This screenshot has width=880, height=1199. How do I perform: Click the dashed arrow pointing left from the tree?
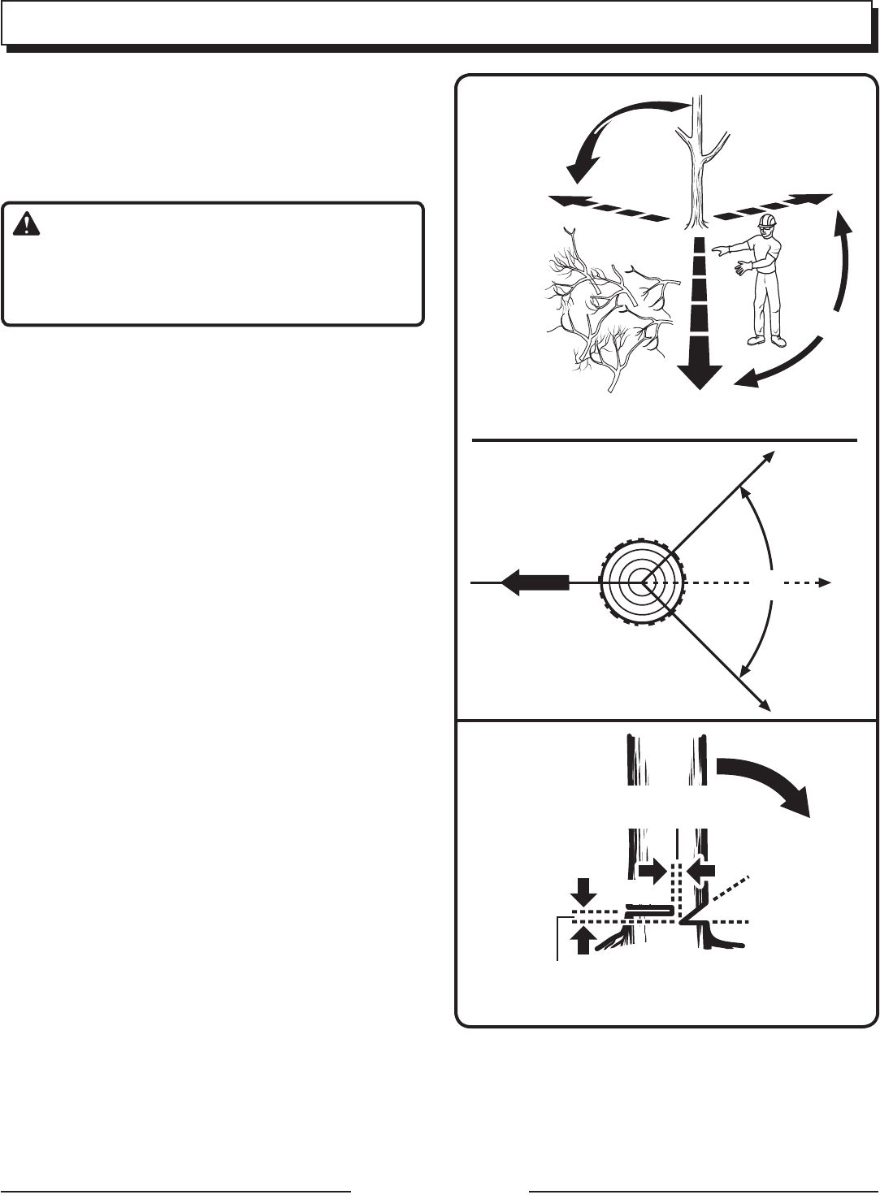601,207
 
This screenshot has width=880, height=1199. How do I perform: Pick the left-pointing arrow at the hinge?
701,871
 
